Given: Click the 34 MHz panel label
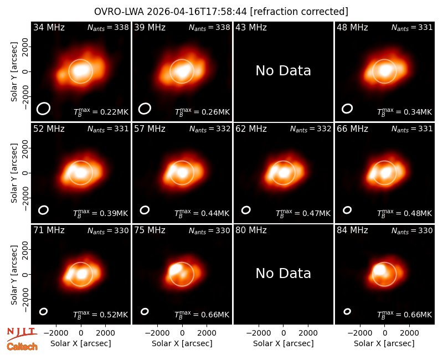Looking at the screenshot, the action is pyautogui.click(x=49, y=27).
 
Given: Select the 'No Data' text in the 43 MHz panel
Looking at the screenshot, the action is pyautogui.click(x=283, y=71).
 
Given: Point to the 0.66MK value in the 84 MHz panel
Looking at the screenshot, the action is pyautogui.click(x=404, y=315).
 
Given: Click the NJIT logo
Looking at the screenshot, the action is pyautogui.click(x=22, y=333).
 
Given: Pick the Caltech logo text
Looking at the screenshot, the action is pyautogui.click(x=22, y=347).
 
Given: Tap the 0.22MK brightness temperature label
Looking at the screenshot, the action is pyautogui.click(x=101, y=112).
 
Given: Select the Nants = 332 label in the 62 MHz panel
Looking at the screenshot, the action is pyautogui.click(x=311, y=129).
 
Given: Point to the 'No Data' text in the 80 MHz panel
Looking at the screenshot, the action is pyautogui.click(x=283, y=273).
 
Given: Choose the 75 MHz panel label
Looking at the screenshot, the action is pyautogui.click(x=150, y=230).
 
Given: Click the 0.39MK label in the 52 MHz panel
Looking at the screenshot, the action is pyautogui.click(x=101, y=213).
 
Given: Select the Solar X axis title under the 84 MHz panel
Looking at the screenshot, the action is pyautogui.click(x=384, y=343).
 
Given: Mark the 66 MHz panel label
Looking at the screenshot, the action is pyautogui.click(x=352, y=129).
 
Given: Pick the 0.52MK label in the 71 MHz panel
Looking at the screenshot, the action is pyautogui.click(x=101, y=315).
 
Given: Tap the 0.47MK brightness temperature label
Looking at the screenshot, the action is pyautogui.click(x=303, y=213).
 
